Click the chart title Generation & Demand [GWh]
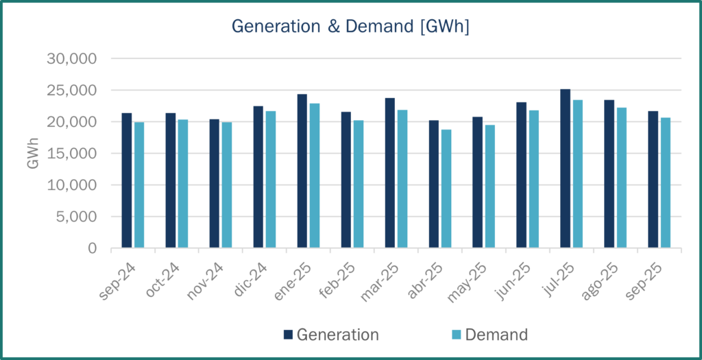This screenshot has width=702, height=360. [350, 26]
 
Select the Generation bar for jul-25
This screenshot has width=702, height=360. [565, 169]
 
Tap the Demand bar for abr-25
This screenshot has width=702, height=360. [446, 189]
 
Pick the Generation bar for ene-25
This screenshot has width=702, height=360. [302, 171]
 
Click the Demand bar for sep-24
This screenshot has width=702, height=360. [139, 184]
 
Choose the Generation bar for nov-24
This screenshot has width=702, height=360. [214, 183]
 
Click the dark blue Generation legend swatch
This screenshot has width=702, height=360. [289, 335]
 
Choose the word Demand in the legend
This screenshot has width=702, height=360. [496, 335]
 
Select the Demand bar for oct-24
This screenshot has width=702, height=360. [183, 184]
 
